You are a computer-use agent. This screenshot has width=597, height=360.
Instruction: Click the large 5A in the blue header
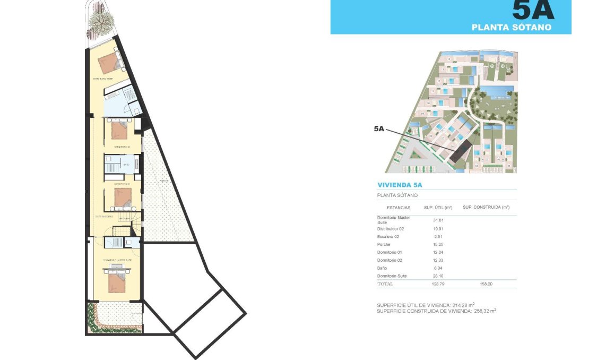click(x=533, y=11)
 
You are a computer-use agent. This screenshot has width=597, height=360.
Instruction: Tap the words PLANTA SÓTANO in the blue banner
click(x=511, y=27)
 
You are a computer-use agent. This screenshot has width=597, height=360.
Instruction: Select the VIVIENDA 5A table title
click(x=400, y=185)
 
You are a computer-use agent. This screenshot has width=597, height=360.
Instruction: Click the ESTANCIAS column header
click(x=398, y=208)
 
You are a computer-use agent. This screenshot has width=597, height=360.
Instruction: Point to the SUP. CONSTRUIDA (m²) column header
click(x=486, y=208)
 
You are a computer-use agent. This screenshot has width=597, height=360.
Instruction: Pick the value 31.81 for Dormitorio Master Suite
click(x=438, y=220)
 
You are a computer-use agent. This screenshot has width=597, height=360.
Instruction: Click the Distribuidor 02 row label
click(x=391, y=229)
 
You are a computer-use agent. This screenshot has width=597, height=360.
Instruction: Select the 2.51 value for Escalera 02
click(x=438, y=237)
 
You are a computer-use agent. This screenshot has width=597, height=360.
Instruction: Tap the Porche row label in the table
click(x=384, y=245)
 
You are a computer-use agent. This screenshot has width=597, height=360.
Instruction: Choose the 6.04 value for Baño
click(x=438, y=268)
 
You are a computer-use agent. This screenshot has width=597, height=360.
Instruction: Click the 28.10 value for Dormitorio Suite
click(x=438, y=276)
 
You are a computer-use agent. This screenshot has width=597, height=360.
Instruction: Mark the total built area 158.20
click(x=486, y=285)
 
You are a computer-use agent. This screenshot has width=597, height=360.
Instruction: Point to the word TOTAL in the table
click(x=385, y=285)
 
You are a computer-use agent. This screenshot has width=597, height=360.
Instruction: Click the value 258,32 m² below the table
click(x=485, y=311)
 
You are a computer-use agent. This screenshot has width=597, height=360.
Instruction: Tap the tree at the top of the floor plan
click(x=101, y=22)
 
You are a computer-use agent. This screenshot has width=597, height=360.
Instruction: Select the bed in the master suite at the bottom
click(x=117, y=281)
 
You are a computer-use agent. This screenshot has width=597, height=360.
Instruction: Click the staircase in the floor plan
click(x=137, y=224)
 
